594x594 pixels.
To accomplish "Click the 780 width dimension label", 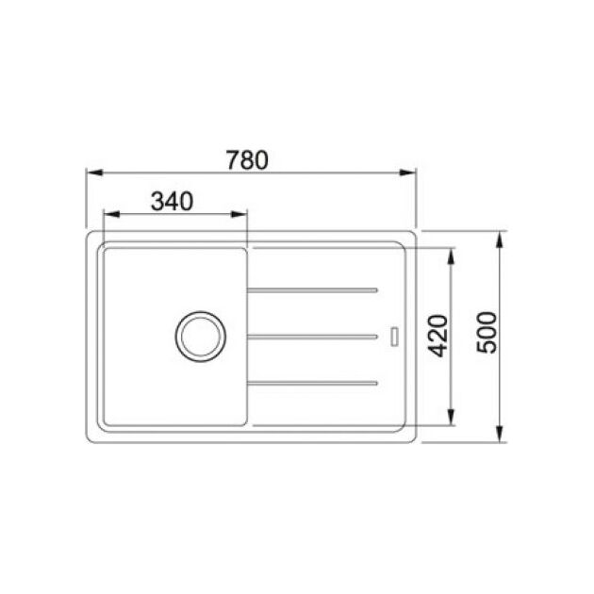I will point(249,159).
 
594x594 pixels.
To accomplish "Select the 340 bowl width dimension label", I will point(172,201).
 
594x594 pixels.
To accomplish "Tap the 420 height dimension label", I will point(438,336).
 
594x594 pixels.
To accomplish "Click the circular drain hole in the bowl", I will point(199,335).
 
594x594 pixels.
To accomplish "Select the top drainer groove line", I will point(313,289).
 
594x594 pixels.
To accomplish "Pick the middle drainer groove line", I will point(313,335).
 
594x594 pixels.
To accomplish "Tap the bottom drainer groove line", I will point(313,382).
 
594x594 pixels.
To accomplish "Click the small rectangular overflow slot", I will point(394,335).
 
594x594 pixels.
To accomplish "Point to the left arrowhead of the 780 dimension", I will point(92,173).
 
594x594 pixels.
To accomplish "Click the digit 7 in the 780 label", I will point(235,159).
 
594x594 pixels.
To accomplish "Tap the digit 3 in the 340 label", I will point(157,201).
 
